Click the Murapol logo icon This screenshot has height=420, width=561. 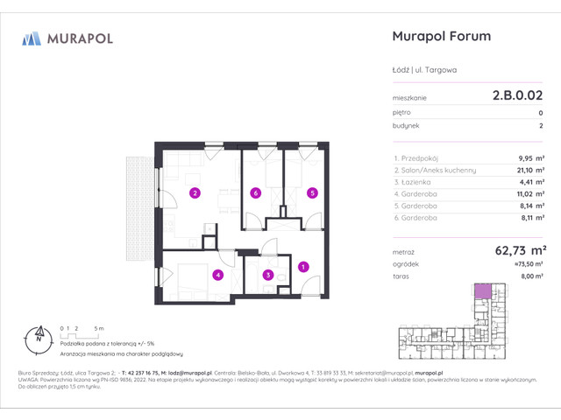32,38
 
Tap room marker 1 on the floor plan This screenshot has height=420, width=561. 303,266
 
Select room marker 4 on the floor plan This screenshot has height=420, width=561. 217,275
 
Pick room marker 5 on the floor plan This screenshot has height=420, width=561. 311,192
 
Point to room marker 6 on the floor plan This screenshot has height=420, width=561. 254,192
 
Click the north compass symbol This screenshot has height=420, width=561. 39,334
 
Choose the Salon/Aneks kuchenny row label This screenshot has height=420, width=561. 435,171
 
